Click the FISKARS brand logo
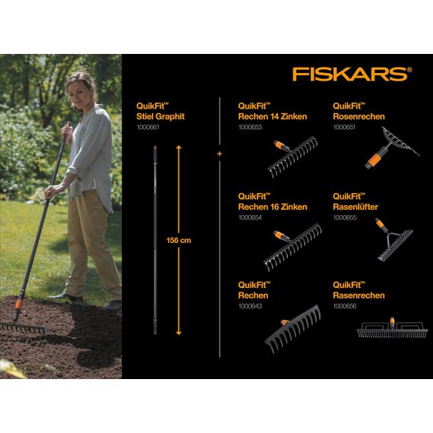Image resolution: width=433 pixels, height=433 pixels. click(x=352, y=74)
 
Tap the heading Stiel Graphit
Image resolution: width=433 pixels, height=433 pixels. click(x=160, y=117)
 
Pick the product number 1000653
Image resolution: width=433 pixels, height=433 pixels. click(x=250, y=128)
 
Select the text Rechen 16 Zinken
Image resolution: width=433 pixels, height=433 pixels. click(x=273, y=207)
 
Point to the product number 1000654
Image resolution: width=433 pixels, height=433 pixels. click(x=250, y=218)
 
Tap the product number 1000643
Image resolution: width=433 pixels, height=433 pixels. click(x=250, y=307)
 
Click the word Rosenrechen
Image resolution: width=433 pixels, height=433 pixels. click(x=359, y=117)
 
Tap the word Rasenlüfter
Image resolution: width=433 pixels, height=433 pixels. click(x=356, y=207)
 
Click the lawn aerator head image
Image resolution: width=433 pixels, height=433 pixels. click(x=389, y=242)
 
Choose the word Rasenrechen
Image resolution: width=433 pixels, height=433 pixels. click(x=359, y=296)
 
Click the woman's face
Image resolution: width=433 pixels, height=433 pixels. click(x=82, y=87)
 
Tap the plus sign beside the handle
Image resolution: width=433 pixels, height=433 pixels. click(x=220, y=154)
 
